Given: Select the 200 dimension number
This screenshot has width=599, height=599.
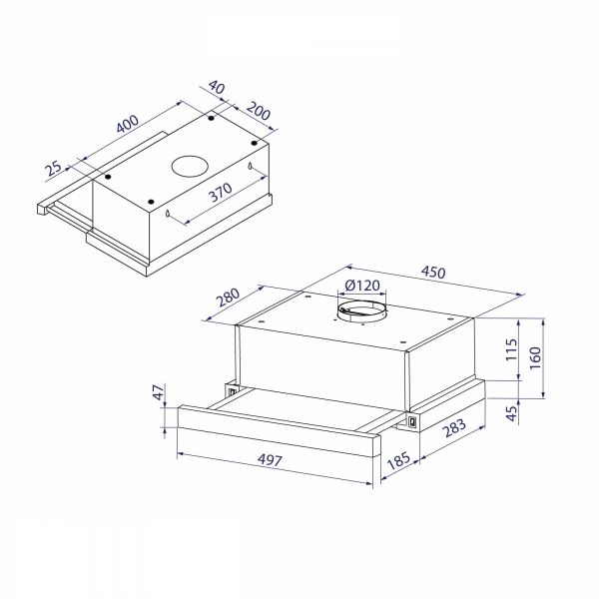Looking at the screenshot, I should [x=259, y=112].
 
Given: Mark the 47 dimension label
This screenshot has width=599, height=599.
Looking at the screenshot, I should [x=157, y=396].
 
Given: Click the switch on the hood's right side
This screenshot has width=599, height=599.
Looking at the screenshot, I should [x=409, y=426].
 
